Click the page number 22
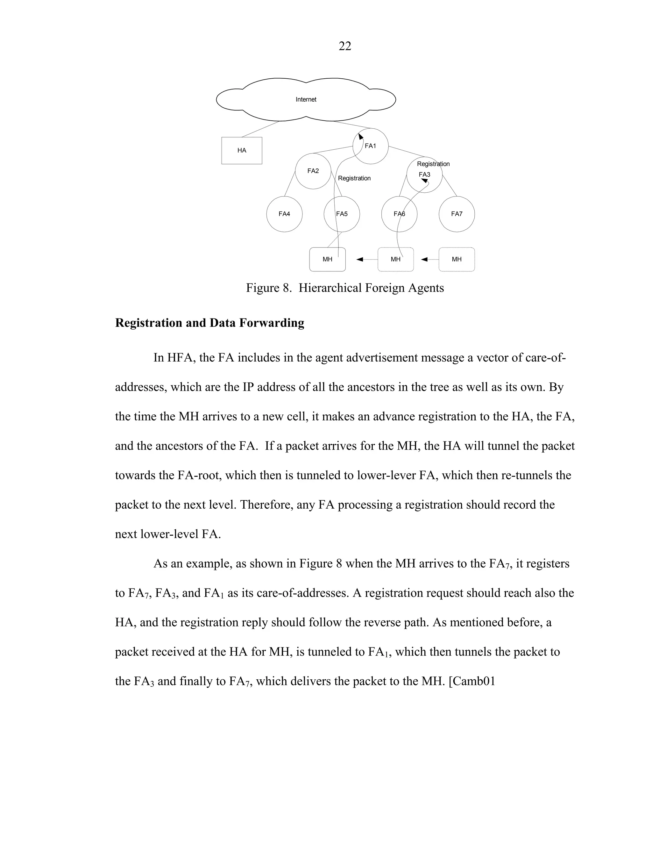[x=344, y=46]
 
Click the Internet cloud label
[x=306, y=100]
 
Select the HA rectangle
[x=242, y=150]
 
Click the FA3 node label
[x=424, y=175]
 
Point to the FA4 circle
[x=284, y=214]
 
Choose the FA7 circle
[x=457, y=214]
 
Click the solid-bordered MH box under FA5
[x=327, y=259]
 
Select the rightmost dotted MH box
[x=457, y=259]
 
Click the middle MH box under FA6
[x=395, y=259]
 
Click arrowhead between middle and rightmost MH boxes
[x=424, y=259]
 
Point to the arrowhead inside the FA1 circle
[x=361, y=136]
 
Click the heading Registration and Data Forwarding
[x=209, y=323]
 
